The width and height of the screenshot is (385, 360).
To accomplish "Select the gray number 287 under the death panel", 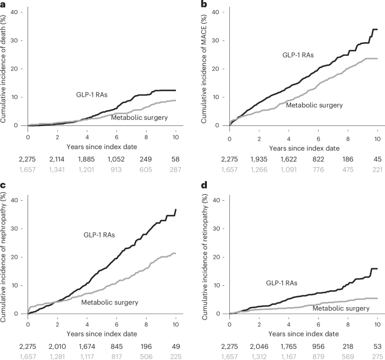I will (x=175, y=168).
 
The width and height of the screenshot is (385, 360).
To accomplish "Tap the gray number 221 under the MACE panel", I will (x=377, y=168).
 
